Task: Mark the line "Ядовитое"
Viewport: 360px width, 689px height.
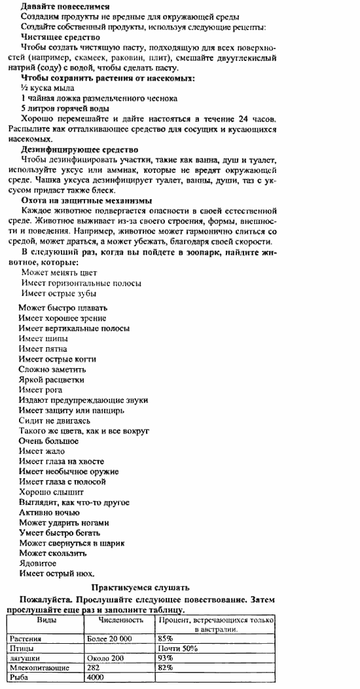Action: pos(37,563)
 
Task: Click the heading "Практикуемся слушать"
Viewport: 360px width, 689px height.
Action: pos(141,587)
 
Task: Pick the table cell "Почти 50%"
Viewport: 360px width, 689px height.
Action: pos(173,648)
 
